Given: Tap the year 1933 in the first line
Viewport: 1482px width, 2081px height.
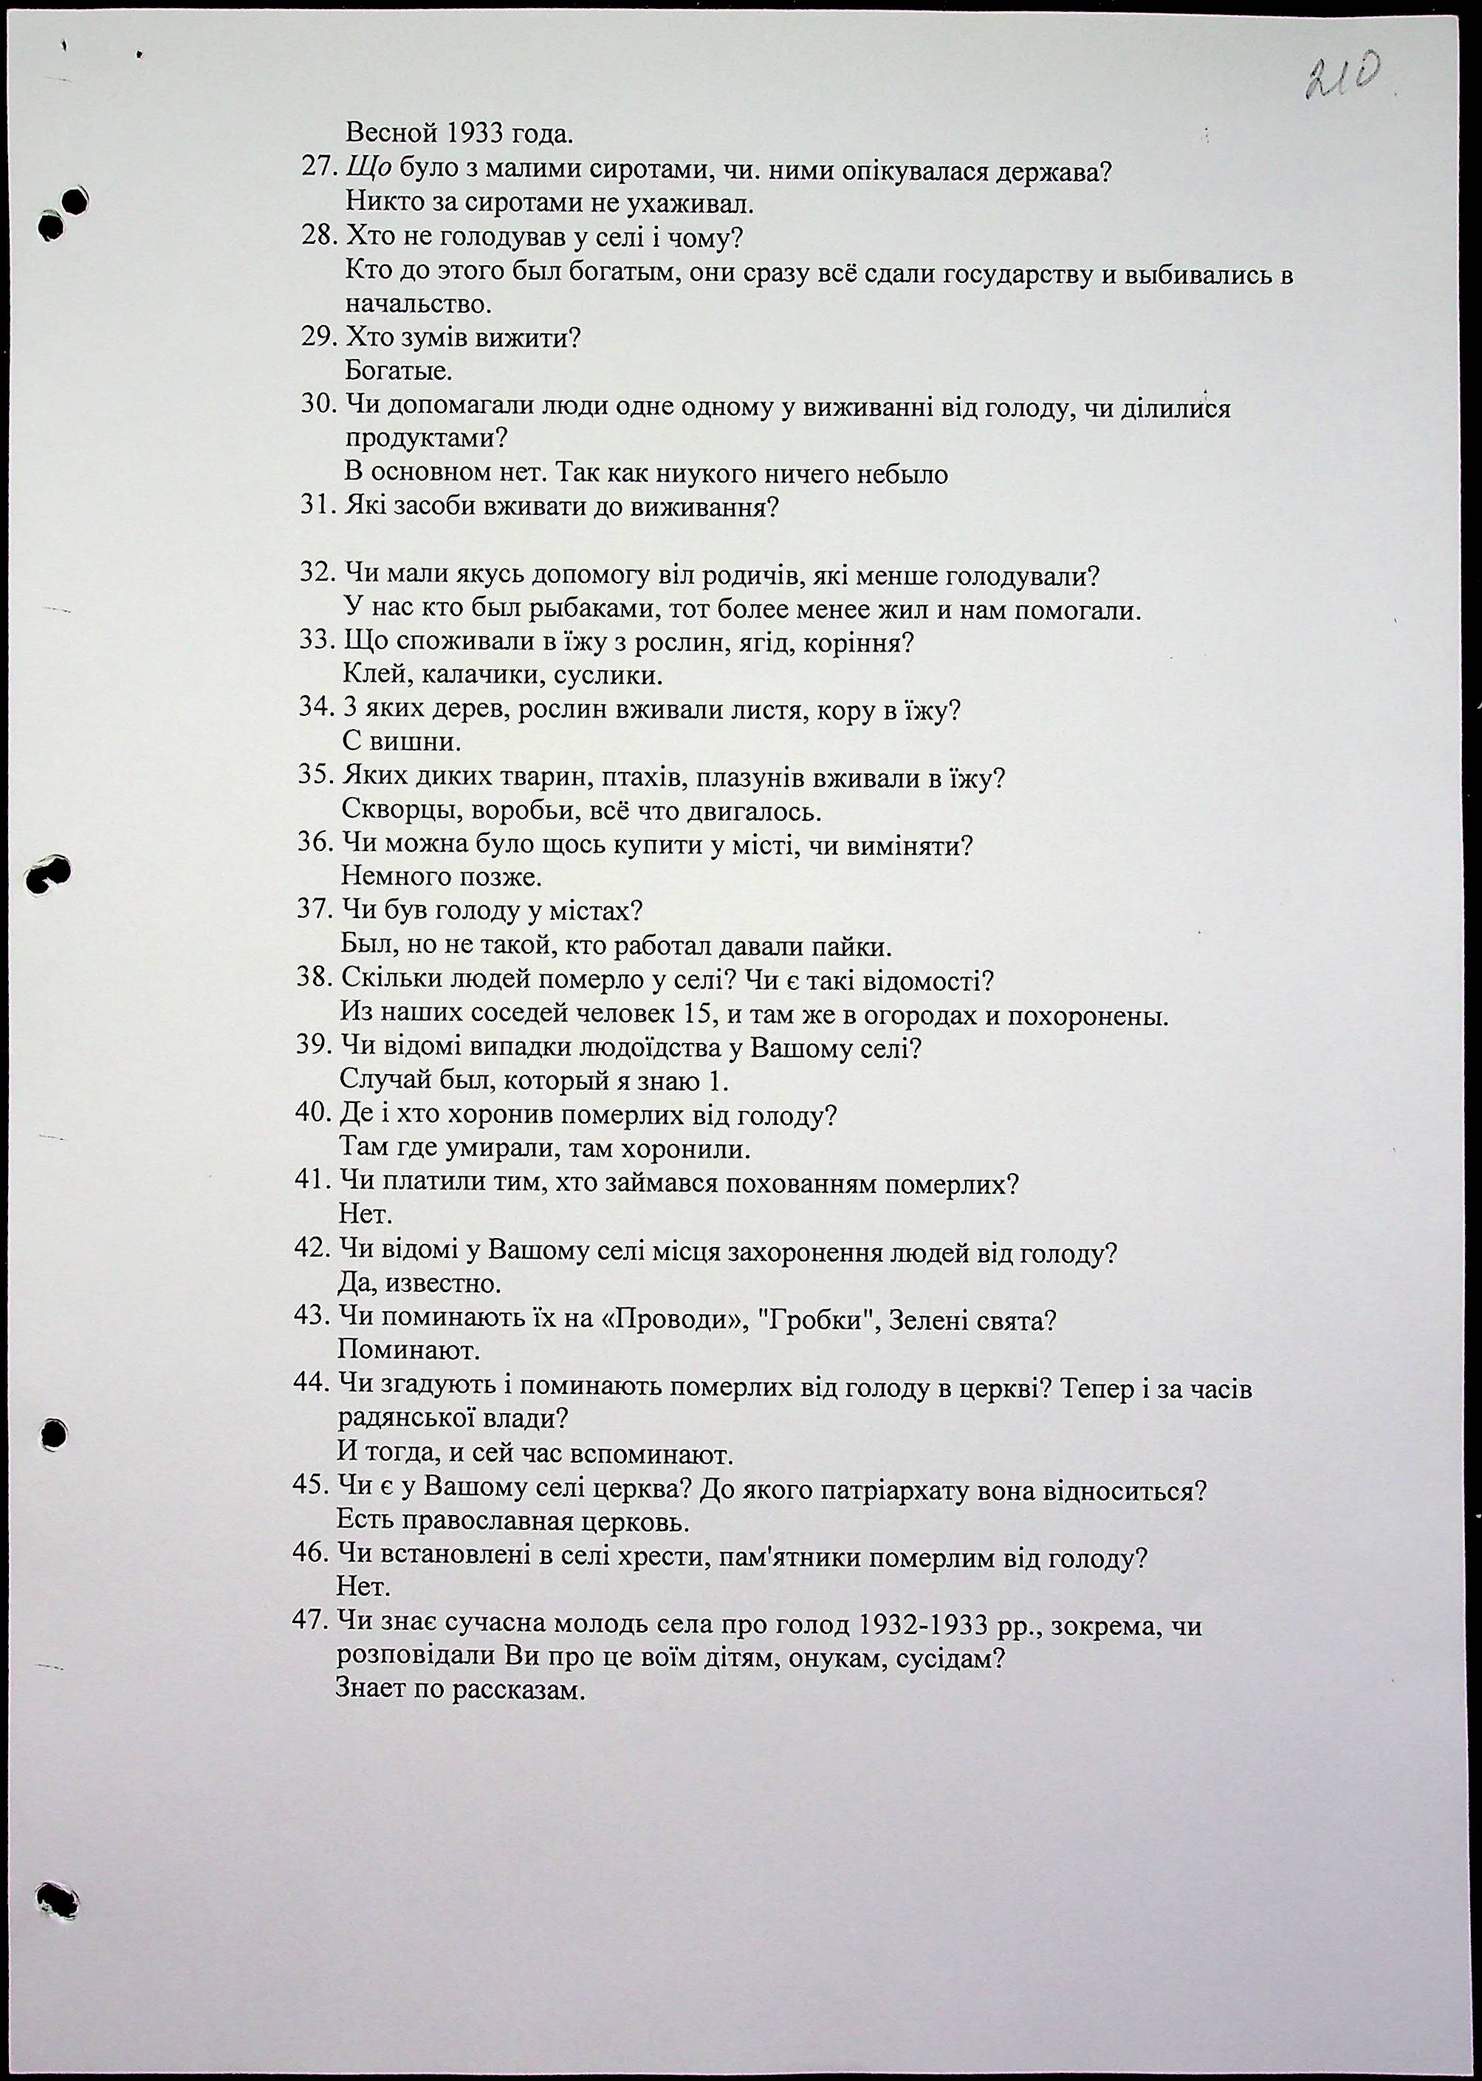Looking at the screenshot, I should [x=476, y=134].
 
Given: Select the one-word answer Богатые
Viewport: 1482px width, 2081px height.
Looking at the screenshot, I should [x=399, y=372].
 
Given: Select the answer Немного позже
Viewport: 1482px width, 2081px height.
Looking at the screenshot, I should [x=442, y=877].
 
